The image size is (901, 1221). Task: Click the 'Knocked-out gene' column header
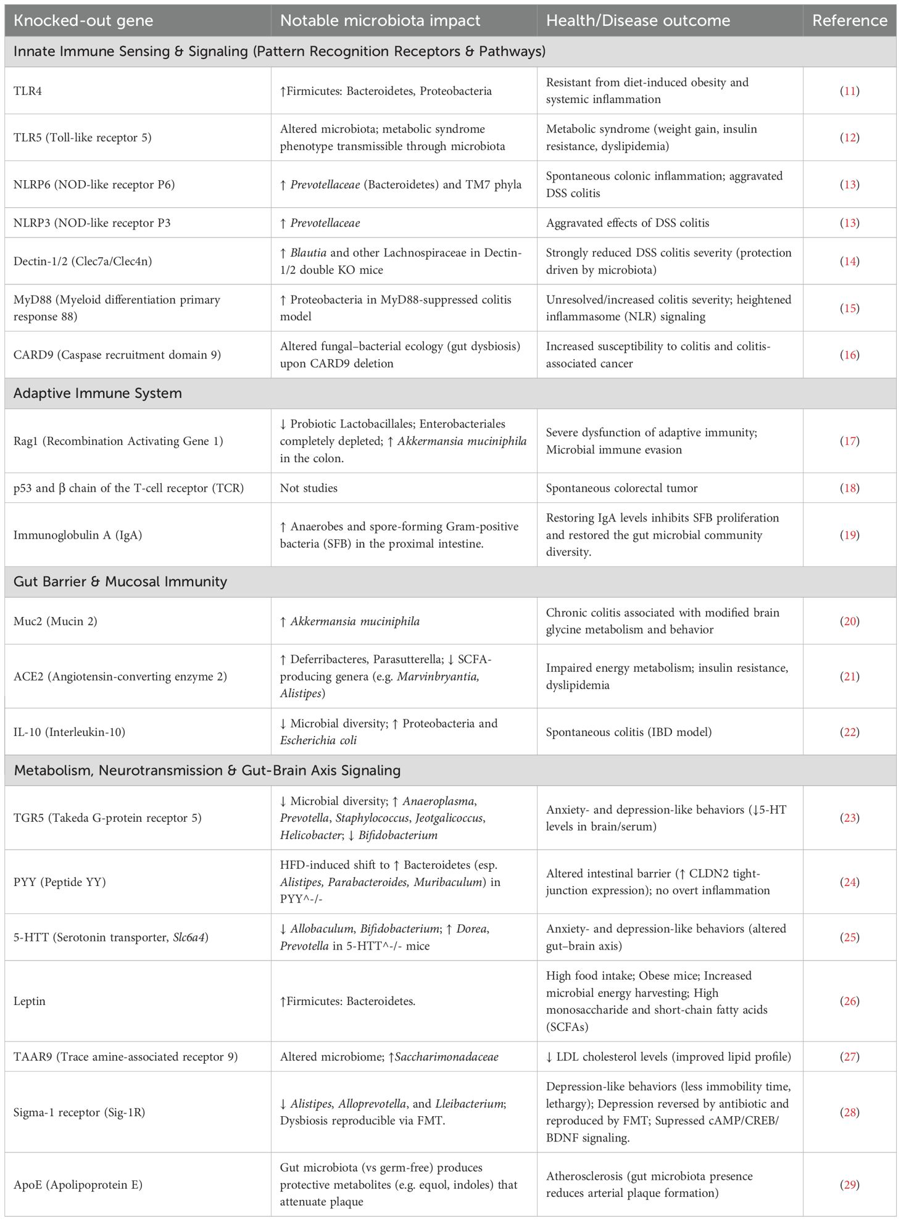pyautogui.click(x=83, y=20)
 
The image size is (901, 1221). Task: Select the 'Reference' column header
pyautogui.click(x=849, y=20)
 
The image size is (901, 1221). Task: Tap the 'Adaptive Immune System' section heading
pyautogui.click(x=98, y=394)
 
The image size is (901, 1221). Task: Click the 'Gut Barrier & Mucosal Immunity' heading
pyautogui.click(x=120, y=582)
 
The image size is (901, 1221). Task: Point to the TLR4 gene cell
pyautogui.click(x=28, y=91)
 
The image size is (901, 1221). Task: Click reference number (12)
pyautogui.click(x=849, y=138)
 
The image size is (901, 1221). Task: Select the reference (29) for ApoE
pyautogui.click(x=849, y=1184)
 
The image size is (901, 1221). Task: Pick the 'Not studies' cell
pyautogui.click(x=309, y=488)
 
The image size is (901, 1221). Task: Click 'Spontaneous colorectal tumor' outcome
pyautogui.click(x=621, y=488)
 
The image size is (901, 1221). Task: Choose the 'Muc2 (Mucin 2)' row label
pyautogui.click(x=56, y=621)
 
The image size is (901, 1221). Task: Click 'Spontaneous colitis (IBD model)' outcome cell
pyautogui.click(x=628, y=732)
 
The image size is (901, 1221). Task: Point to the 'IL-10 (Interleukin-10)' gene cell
pyautogui.click(x=69, y=732)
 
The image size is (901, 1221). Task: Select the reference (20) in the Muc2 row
pyautogui.click(x=849, y=621)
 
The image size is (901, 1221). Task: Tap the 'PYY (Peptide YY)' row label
pyautogui.click(x=59, y=882)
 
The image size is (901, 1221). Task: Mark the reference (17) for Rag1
pyautogui.click(x=849, y=441)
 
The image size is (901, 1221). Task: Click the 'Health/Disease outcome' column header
pyautogui.click(x=637, y=20)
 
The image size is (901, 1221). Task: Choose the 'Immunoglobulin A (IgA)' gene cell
pyautogui.click(x=78, y=535)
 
